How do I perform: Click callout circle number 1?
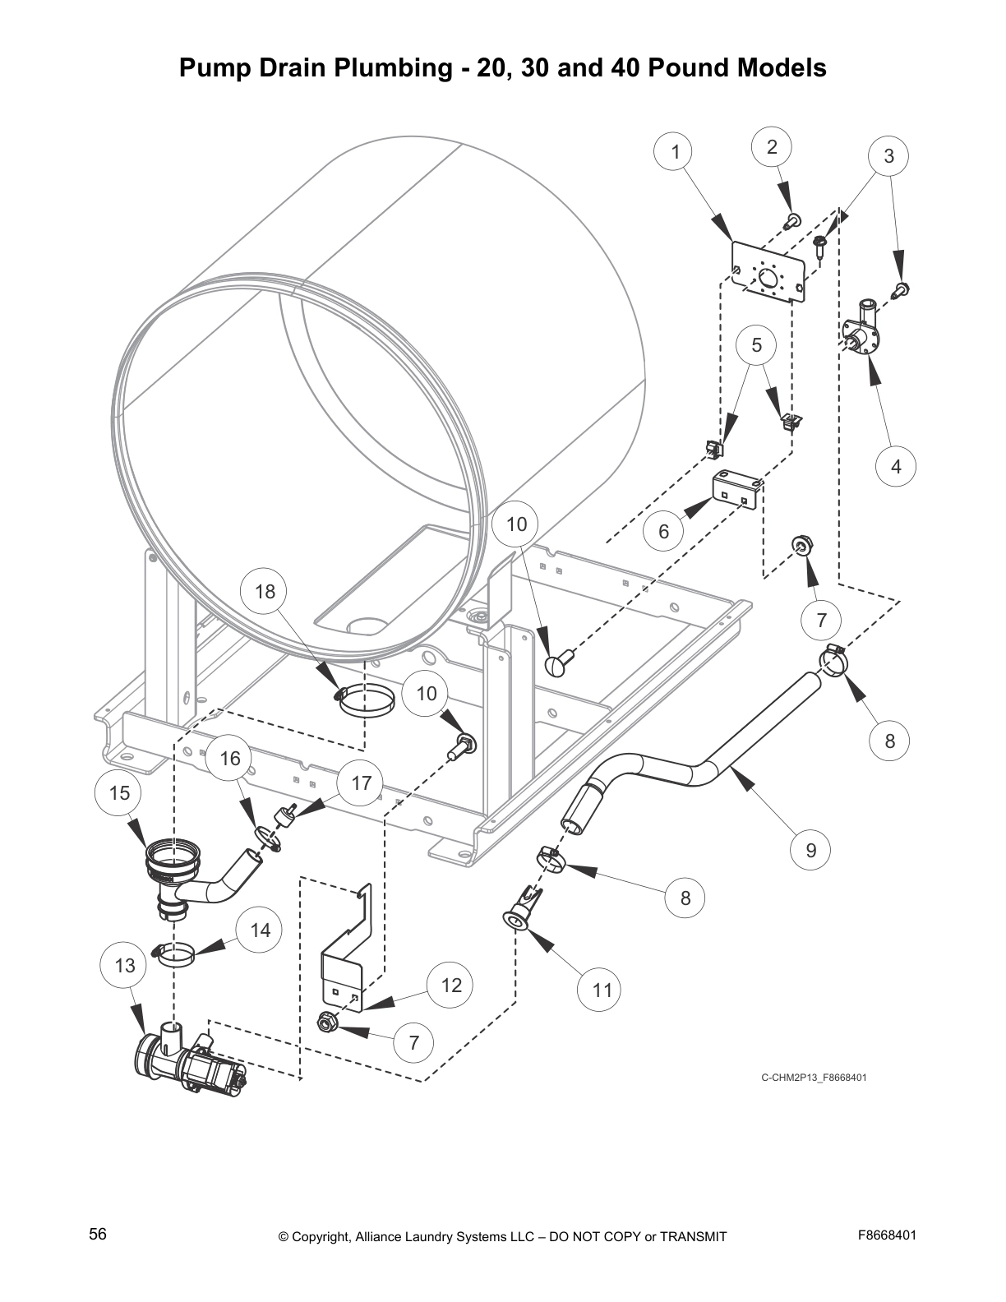(x=676, y=152)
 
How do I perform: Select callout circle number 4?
(x=896, y=466)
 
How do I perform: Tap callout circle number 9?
(x=811, y=850)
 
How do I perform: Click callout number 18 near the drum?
(x=265, y=592)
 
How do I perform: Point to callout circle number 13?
(x=125, y=965)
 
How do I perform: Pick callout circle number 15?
(x=119, y=792)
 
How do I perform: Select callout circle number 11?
(x=602, y=990)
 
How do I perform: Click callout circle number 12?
(x=451, y=985)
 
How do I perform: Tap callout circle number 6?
(x=664, y=531)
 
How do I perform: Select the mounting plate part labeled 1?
(x=767, y=272)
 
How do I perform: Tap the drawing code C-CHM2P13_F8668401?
(x=814, y=1078)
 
